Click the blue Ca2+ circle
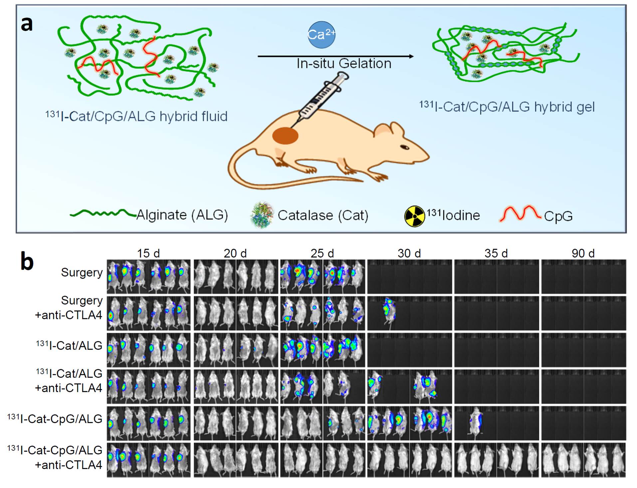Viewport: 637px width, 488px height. pos(321,35)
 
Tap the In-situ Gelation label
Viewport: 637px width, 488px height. pos(344,63)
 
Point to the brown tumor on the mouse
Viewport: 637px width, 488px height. pos(285,135)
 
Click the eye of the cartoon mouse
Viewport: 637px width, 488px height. pos(404,147)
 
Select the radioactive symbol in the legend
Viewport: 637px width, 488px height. pos(414,216)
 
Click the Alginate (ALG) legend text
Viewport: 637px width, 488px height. pos(182,215)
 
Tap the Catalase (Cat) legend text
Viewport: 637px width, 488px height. pos(323,215)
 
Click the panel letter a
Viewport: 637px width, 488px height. pos(27,24)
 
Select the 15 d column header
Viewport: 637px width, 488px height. pos(148,253)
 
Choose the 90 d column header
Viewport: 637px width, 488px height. pos(583,253)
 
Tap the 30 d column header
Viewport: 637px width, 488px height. pos(409,253)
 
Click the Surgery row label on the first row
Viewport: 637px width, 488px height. pos(82,273)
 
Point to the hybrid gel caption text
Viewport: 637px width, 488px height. pos(507,107)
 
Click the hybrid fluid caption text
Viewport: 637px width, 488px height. pos(136,116)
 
